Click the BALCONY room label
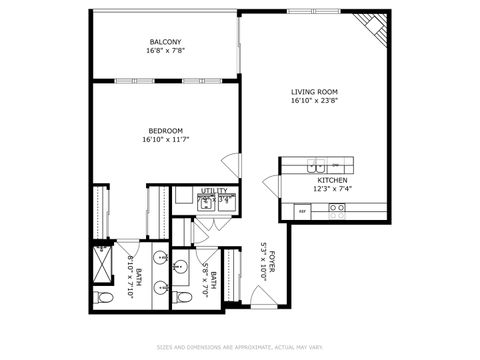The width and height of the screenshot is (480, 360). coord(165,42)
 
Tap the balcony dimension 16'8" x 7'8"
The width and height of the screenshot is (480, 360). coord(165,51)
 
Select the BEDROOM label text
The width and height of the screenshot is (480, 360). coord(165,130)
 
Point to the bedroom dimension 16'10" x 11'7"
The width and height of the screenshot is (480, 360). coord(165,139)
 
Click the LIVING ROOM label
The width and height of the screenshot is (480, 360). coord(312,91)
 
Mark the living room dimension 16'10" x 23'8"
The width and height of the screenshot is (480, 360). coord(312,100)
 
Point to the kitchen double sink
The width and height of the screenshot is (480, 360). coord(341,165)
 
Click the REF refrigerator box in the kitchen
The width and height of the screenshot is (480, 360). coord(301,211)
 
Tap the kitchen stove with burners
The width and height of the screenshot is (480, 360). coord(338,210)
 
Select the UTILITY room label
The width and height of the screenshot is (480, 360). coord(214,190)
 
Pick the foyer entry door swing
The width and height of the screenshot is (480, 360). coord(261,296)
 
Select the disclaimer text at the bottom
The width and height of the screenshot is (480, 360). coord(240,348)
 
